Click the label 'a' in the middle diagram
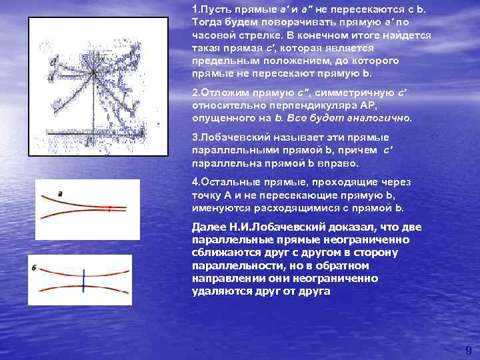(60, 193)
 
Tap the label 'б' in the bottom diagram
(33, 267)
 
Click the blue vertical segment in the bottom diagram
(83, 280)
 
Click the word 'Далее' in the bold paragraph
(207, 228)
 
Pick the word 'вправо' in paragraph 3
(341, 163)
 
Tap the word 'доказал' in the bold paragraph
(349, 228)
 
